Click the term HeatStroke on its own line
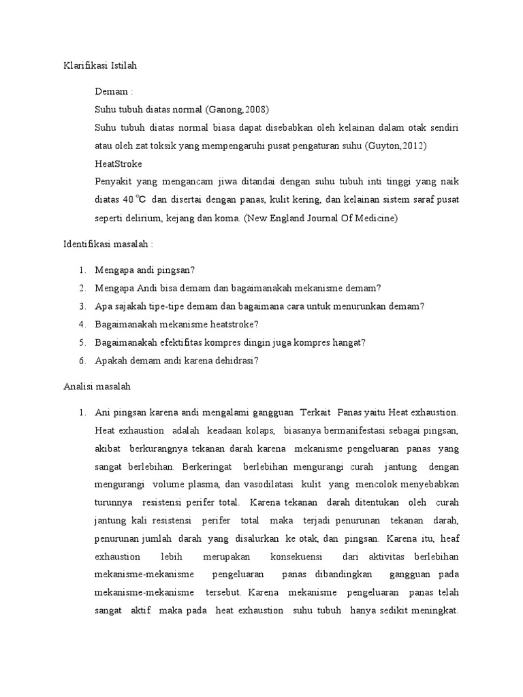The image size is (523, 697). click(x=118, y=164)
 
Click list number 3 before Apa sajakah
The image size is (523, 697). click(x=82, y=306)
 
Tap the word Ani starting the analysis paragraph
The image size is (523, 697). click(x=102, y=412)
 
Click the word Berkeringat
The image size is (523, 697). click(x=207, y=468)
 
